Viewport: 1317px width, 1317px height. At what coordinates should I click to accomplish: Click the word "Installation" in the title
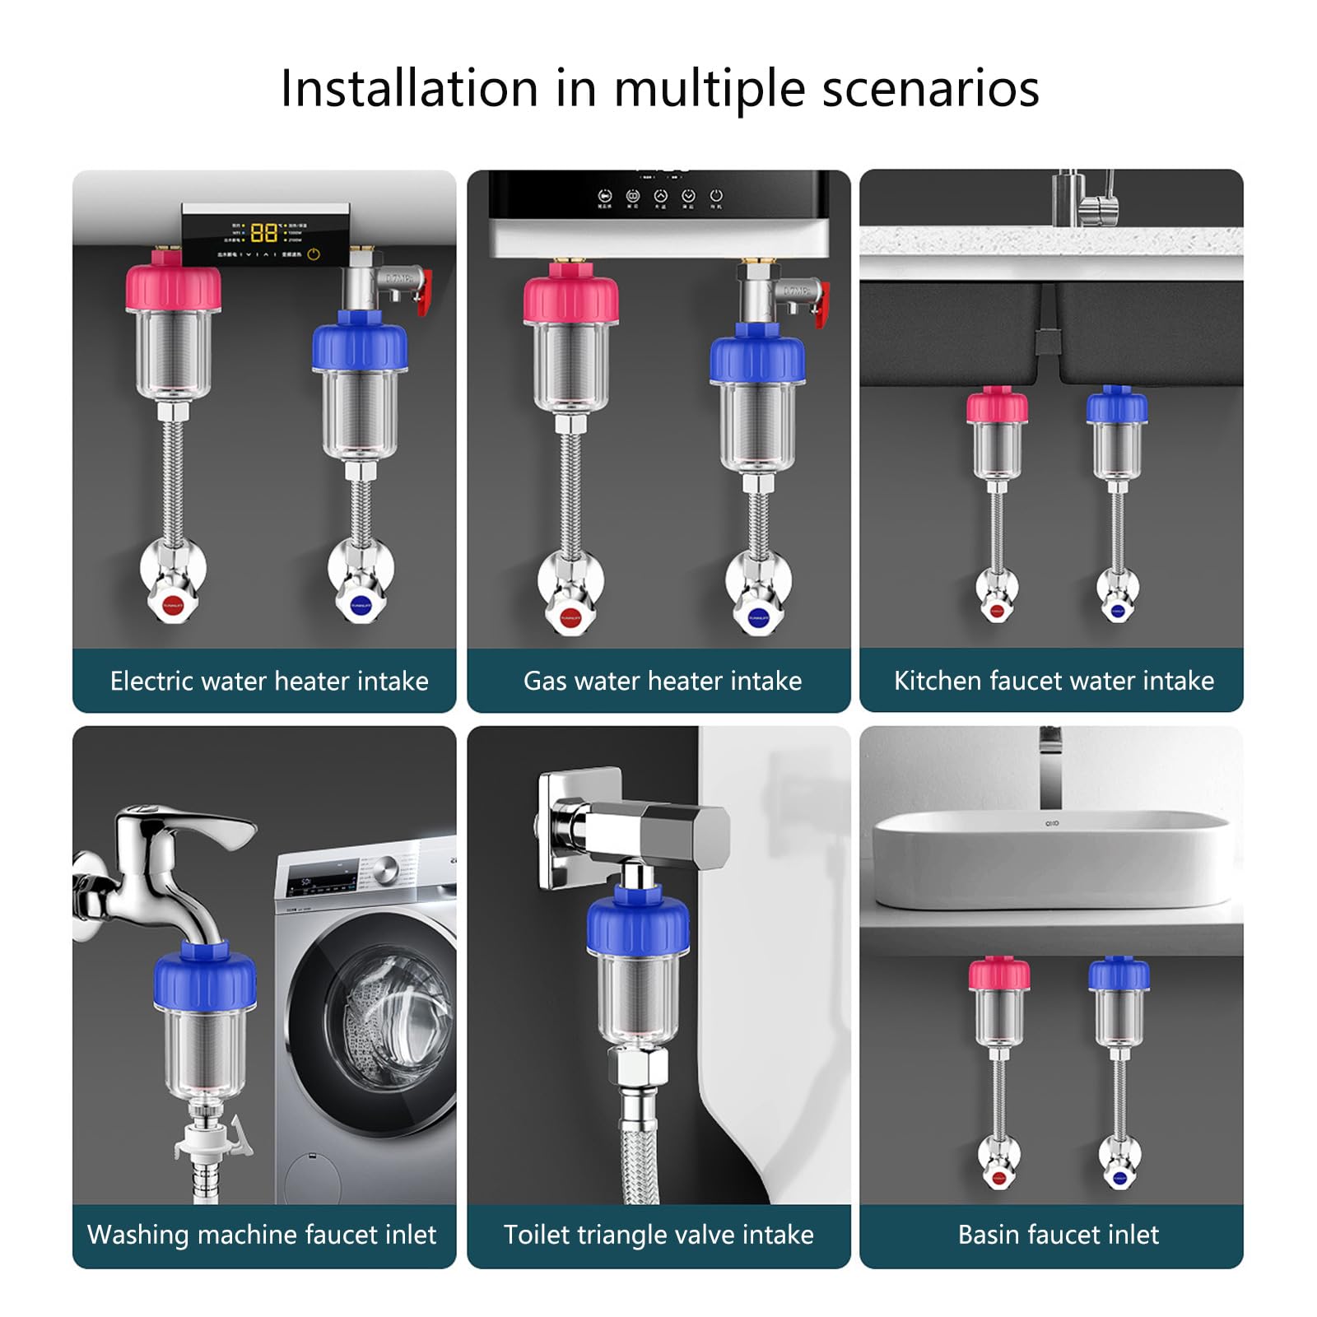pyautogui.click(x=409, y=88)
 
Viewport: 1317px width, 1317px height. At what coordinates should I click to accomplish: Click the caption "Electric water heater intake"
pyautogui.click(x=269, y=681)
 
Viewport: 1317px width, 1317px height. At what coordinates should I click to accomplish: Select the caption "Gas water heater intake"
pyautogui.click(x=663, y=681)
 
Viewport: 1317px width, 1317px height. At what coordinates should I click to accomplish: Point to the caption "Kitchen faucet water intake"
pyautogui.click(x=1054, y=681)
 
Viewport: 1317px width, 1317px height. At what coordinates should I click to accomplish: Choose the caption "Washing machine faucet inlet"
pyautogui.click(x=262, y=1235)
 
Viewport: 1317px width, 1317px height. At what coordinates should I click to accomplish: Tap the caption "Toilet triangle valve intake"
pyautogui.click(x=658, y=1235)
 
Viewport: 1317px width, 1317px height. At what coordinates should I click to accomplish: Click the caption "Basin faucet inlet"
pyautogui.click(x=1058, y=1235)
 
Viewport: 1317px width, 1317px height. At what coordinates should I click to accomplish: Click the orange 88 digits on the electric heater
pyautogui.click(x=263, y=232)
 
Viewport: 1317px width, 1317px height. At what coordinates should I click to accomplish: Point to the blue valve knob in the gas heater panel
pyautogui.click(x=758, y=617)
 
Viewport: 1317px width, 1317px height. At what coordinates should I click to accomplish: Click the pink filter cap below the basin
pyautogui.click(x=998, y=975)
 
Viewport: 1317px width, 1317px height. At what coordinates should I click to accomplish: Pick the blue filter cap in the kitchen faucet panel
pyautogui.click(x=1116, y=407)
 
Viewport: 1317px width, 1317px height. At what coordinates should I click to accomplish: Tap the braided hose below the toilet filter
pyautogui.click(x=638, y=1152)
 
